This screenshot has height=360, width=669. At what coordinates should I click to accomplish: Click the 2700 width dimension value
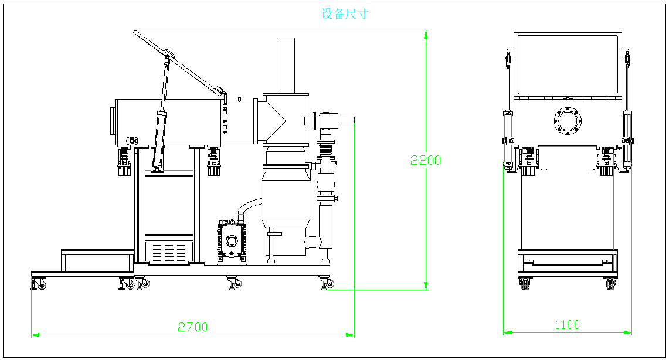pyautogui.click(x=193, y=327)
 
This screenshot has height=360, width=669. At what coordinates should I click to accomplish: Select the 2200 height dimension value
pyautogui.click(x=426, y=159)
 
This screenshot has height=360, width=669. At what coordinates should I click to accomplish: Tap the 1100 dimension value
pyautogui.click(x=567, y=324)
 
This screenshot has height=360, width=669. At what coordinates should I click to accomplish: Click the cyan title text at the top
pyautogui.click(x=345, y=14)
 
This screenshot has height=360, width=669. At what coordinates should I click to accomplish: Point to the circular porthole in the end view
pyautogui.click(x=567, y=121)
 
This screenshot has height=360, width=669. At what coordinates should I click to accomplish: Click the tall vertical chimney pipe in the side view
pyautogui.click(x=286, y=64)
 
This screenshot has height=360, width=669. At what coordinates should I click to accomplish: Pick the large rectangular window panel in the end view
pyautogui.click(x=566, y=64)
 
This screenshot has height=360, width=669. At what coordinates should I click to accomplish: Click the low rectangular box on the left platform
pyautogui.click(x=97, y=260)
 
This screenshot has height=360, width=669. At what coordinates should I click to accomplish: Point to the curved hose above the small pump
pyautogui.click(x=249, y=206)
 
